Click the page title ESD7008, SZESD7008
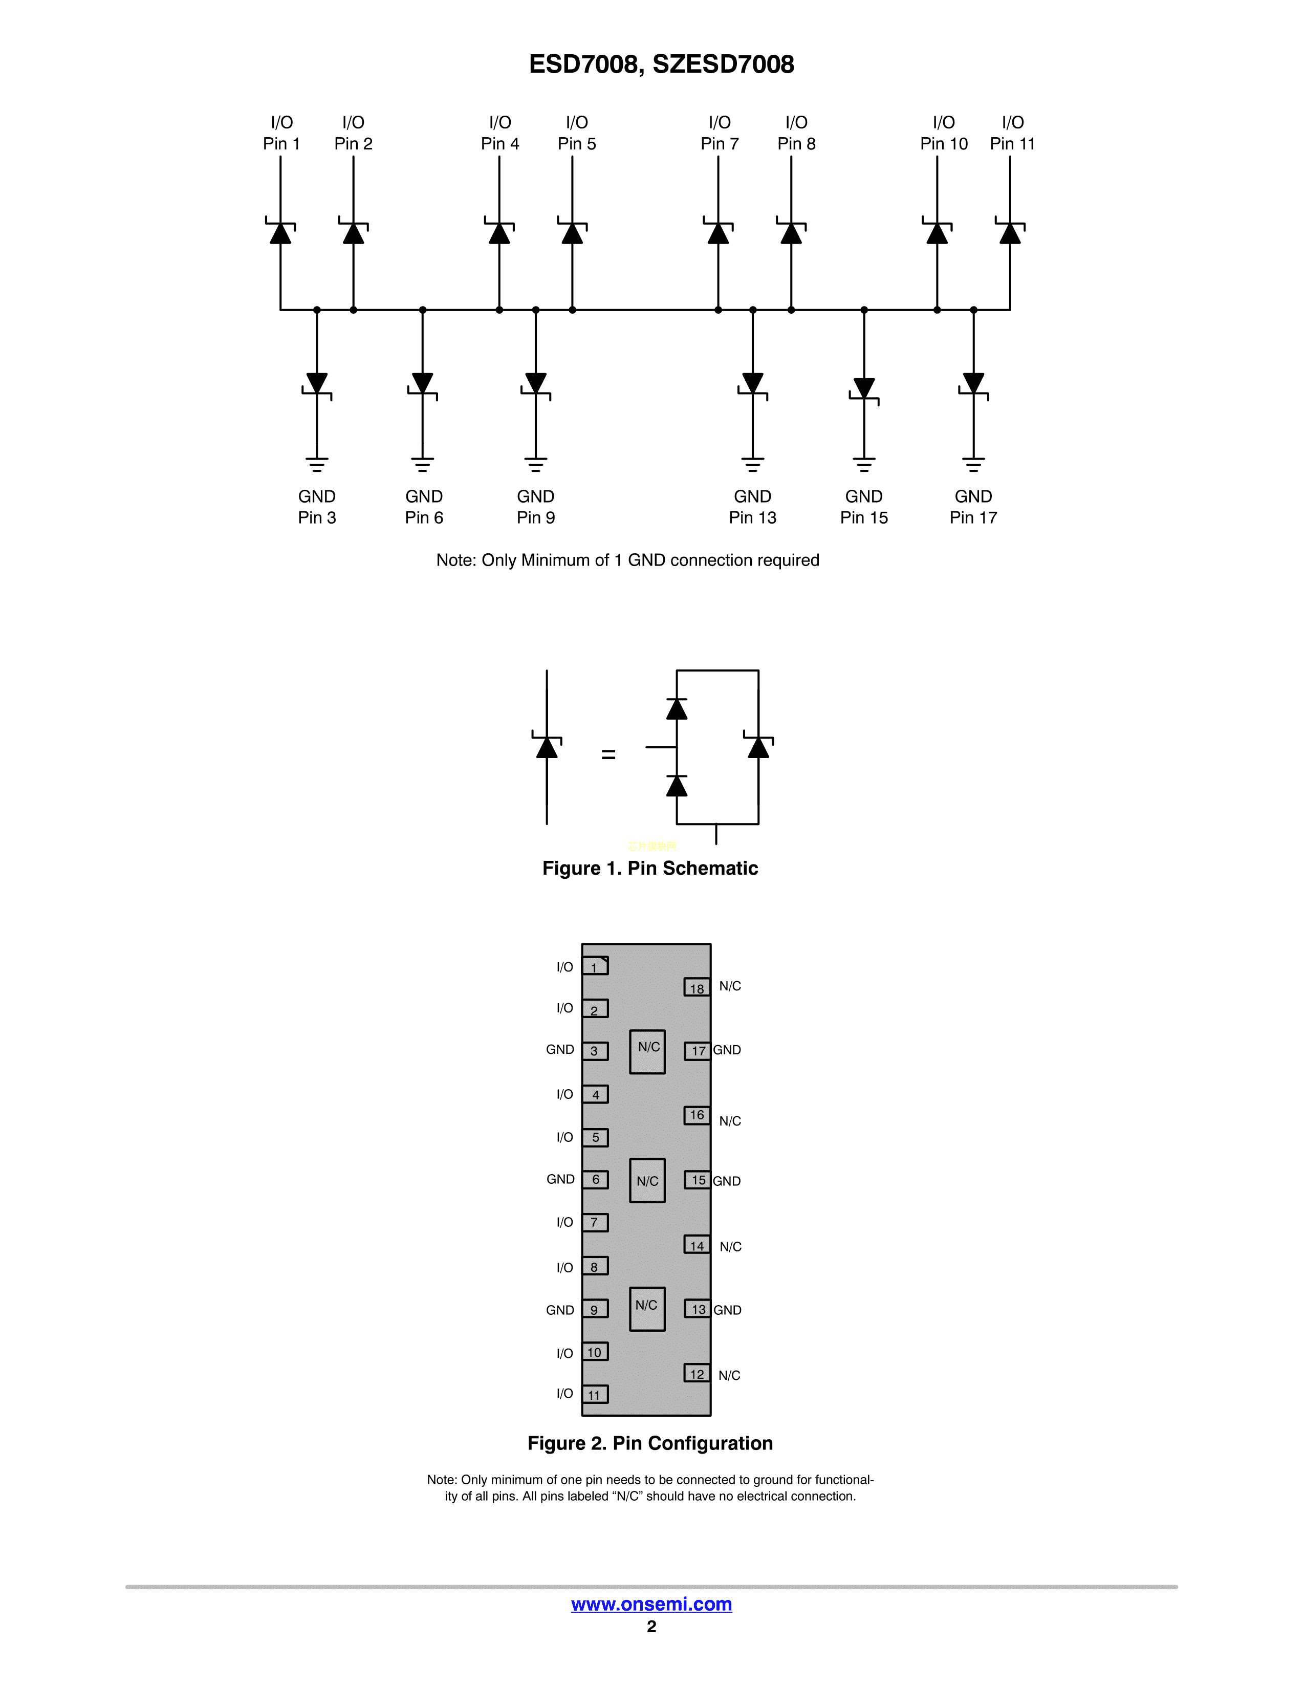(x=661, y=64)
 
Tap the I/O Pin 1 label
(x=281, y=133)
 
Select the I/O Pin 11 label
(x=1012, y=133)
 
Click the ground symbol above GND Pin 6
(x=422, y=465)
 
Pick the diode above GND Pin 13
(x=753, y=386)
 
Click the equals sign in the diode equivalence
(x=608, y=754)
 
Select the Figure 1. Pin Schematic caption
(x=650, y=869)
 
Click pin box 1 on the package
(x=595, y=966)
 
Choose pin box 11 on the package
(x=595, y=1394)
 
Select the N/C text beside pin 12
(x=729, y=1376)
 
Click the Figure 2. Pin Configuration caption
(x=650, y=1444)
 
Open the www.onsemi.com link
(x=651, y=1605)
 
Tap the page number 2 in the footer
(x=651, y=1627)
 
